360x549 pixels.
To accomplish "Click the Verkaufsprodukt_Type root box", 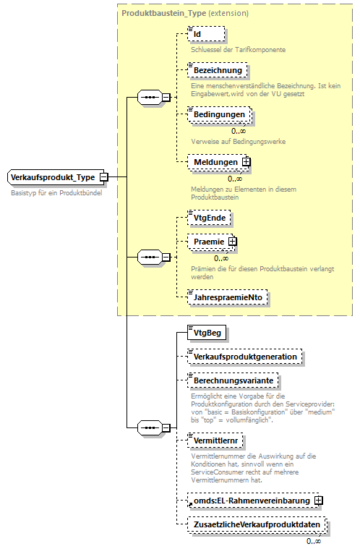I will [53, 177].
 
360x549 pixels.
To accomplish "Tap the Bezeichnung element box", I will [217, 70].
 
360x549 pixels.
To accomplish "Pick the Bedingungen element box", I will [219, 114].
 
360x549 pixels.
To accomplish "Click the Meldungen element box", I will [214, 162].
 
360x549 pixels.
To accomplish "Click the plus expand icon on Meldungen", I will [247, 162].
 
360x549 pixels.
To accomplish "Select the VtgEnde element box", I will [209, 217].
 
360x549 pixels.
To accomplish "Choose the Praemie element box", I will [207, 242].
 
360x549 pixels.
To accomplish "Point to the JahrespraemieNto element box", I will [228, 297].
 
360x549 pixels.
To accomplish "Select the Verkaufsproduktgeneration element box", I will [244, 357].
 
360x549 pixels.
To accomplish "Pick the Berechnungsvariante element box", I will [232, 380].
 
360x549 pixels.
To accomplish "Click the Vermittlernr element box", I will [215, 440].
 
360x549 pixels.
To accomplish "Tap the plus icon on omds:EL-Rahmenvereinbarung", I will [319, 500].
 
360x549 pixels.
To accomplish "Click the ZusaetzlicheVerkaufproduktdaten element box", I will [256, 524].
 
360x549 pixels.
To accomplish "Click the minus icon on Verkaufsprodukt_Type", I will [105, 177].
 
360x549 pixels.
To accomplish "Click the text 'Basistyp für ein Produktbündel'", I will [56, 194].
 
